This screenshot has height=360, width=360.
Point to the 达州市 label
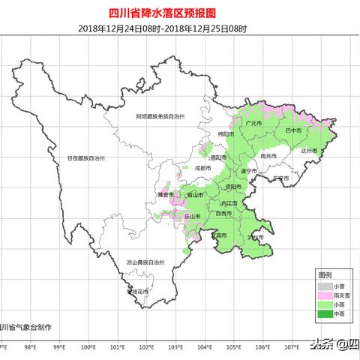(309, 151)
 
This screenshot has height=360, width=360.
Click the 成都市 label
(202, 169)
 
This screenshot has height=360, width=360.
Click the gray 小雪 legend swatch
(324, 286)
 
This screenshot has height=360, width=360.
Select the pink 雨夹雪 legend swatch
(324, 295)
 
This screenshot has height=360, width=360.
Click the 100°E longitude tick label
(88, 346)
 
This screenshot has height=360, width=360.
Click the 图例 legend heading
(324, 276)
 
